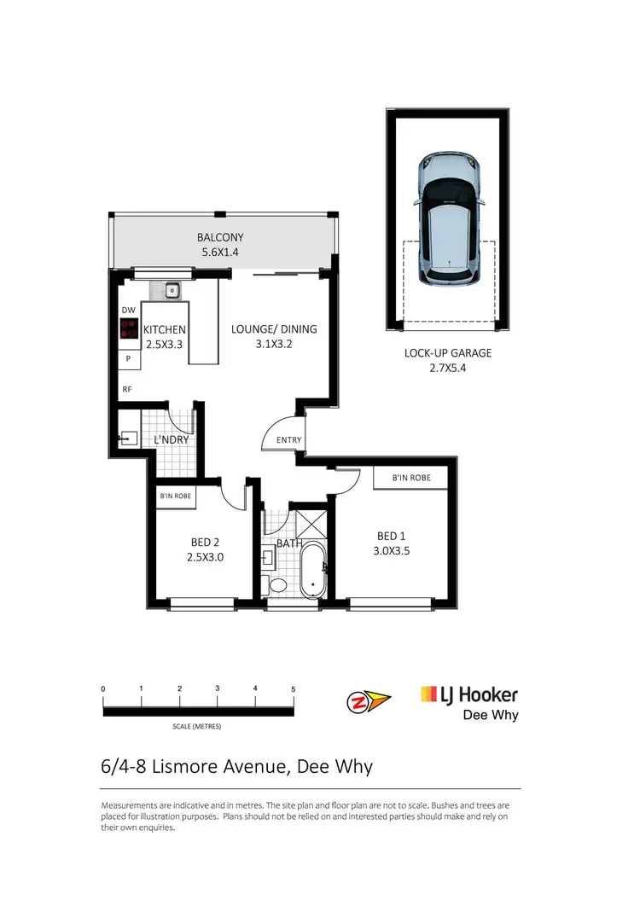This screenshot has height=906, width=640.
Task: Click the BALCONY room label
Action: [x=220, y=238]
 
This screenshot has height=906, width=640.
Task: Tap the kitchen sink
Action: [x=172, y=291]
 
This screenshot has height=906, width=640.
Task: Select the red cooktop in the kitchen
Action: [x=130, y=329]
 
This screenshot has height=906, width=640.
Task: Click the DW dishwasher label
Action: [x=128, y=311]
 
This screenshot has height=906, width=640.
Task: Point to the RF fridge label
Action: [x=126, y=389]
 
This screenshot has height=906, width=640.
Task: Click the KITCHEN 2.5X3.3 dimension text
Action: [x=165, y=345]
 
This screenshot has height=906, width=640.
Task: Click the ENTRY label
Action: [x=288, y=440]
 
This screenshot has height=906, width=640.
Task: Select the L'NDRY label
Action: [x=171, y=440]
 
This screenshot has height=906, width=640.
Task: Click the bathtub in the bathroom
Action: [x=313, y=569]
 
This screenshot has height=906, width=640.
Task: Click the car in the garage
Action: [x=449, y=220]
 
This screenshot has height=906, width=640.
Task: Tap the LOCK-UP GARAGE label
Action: [x=448, y=353]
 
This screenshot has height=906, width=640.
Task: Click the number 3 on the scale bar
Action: [x=218, y=688]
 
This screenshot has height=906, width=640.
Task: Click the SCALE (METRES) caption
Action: [x=197, y=726]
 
